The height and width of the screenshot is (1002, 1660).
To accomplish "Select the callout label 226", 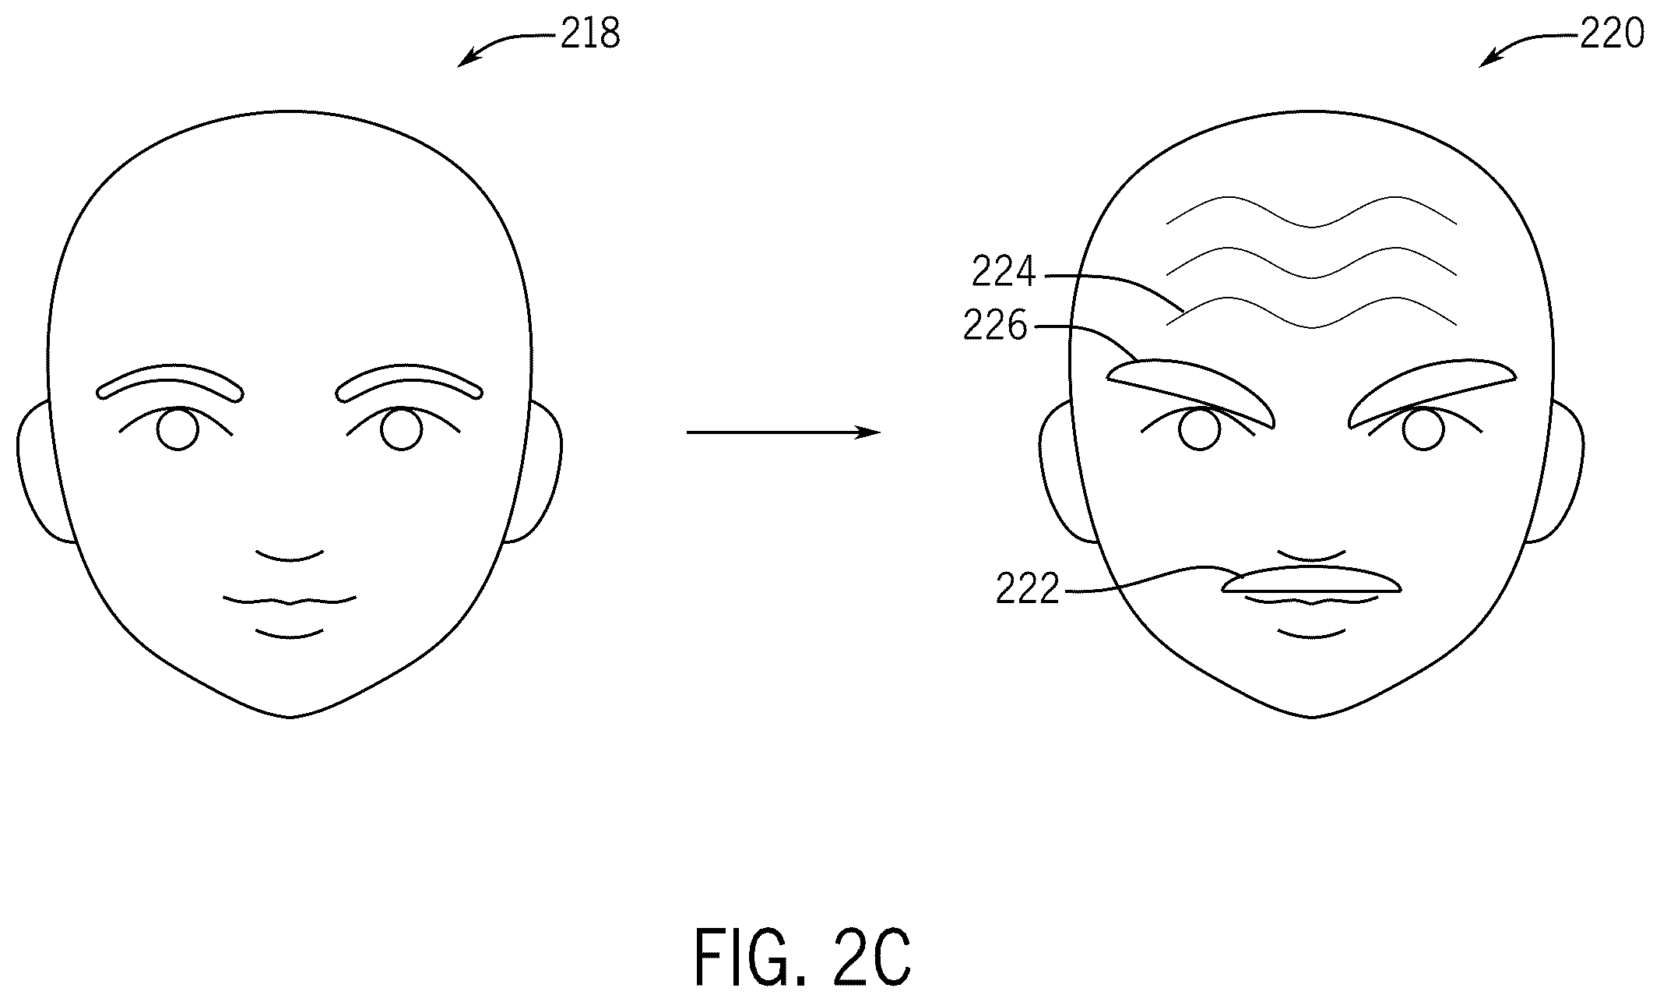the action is click(995, 326).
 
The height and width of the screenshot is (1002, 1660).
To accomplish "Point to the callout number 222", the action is click(1028, 590).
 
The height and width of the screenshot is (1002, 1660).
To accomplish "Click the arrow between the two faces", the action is click(783, 432).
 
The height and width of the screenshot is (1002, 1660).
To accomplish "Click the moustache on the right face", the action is click(1312, 580).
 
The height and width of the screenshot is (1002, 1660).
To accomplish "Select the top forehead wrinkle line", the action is click(1311, 210).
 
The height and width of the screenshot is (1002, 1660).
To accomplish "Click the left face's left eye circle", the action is click(178, 429).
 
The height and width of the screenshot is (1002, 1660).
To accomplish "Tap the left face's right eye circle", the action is click(402, 429).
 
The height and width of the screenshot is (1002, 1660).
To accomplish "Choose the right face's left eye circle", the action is click(1200, 430).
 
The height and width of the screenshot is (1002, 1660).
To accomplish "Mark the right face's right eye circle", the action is click(1423, 430).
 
